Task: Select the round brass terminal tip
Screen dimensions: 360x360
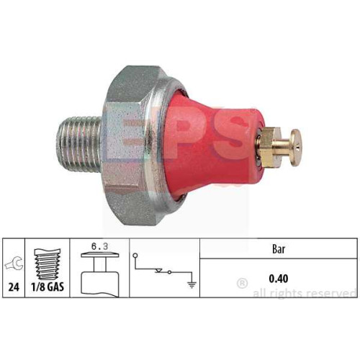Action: pos(295,148)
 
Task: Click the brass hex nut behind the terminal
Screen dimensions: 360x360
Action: pos(271,146)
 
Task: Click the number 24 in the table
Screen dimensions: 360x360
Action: pos(14,287)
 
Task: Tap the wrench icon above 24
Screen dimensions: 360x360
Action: pos(14,263)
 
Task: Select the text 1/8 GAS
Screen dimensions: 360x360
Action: pos(48,287)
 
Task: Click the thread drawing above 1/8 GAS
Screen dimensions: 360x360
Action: pos(48,264)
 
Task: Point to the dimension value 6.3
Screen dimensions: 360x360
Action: pos(99,246)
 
